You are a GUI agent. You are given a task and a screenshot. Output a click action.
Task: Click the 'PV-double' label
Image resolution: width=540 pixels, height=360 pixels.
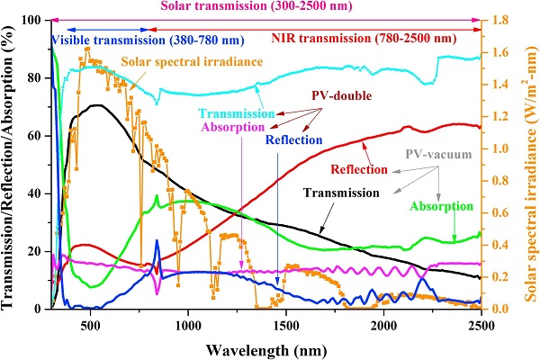coord(347,95)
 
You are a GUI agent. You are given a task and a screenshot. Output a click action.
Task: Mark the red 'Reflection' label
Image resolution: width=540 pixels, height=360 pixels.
coord(359,170)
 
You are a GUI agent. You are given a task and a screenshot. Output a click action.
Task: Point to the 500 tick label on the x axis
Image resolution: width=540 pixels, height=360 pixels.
coord(88,323)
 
